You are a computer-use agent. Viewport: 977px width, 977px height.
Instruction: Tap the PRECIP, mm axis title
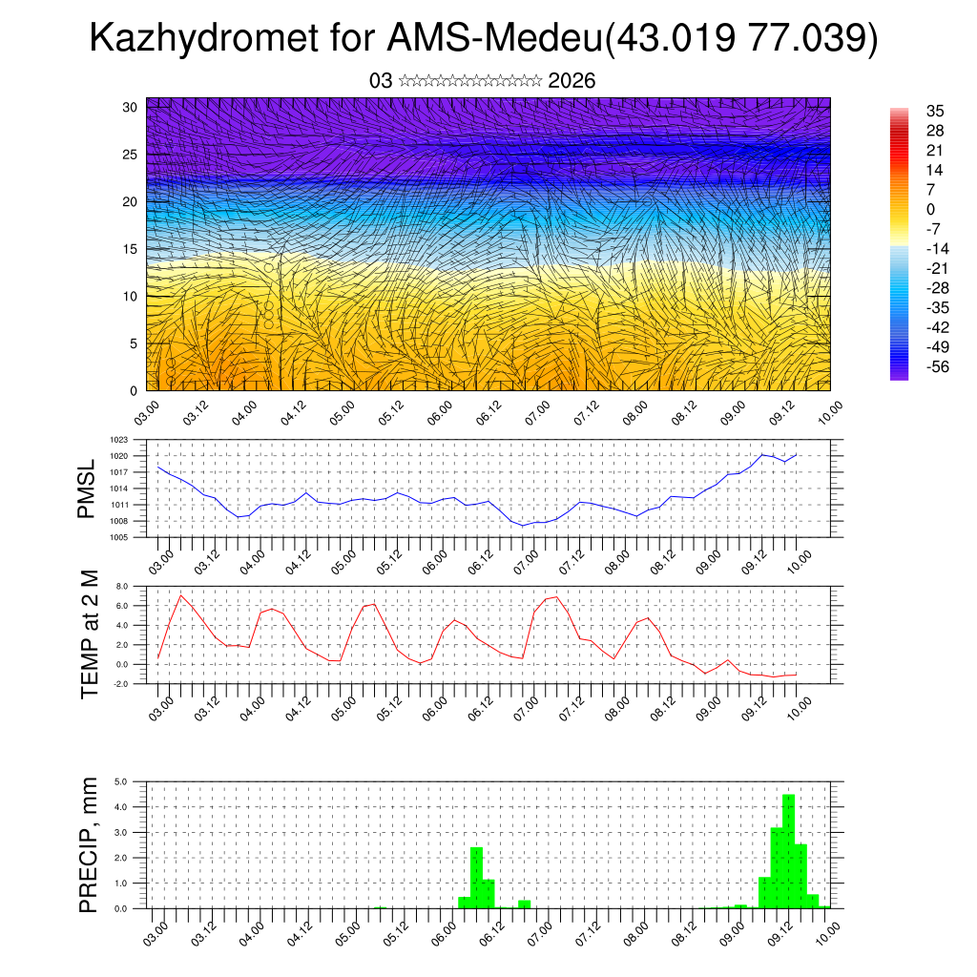point(89,844)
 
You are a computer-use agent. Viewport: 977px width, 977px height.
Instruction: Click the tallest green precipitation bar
point(788,851)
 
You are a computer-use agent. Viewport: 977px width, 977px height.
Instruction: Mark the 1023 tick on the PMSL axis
point(118,440)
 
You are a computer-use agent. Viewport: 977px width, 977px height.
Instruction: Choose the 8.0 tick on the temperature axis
point(122,587)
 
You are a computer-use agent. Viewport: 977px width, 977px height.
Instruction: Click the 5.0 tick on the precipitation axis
point(122,781)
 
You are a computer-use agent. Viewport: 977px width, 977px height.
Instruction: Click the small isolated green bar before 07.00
point(524,904)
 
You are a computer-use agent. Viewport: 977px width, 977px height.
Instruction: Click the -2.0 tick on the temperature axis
point(121,684)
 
